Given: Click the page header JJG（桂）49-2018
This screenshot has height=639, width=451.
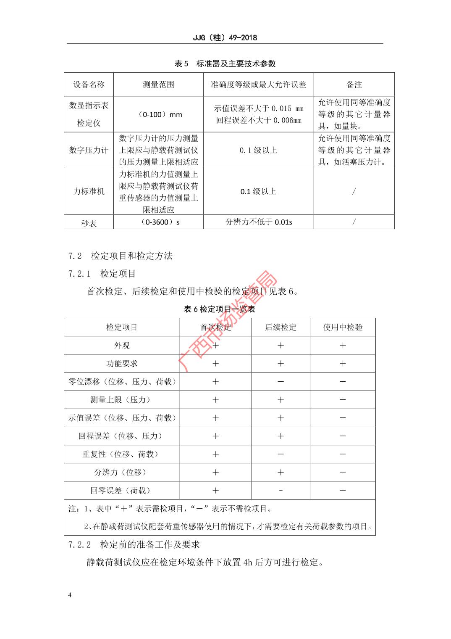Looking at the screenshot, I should point(225,37).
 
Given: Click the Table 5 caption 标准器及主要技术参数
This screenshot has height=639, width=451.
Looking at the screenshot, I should point(225,63).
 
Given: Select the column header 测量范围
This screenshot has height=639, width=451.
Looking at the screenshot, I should point(158,84).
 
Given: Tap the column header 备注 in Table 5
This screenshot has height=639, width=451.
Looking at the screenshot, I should point(354,84).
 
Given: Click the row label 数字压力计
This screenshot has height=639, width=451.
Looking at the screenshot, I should point(89,150).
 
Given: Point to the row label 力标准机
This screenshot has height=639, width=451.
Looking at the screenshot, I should point(89,191).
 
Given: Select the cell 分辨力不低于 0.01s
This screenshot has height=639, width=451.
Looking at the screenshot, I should point(259,222).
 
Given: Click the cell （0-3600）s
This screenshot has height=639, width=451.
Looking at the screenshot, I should point(158,222).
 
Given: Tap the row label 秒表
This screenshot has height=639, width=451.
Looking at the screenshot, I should point(89,223).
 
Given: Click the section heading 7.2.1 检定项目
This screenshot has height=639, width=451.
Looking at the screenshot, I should point(102,274).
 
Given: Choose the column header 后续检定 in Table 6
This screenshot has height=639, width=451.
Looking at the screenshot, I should point(281,327).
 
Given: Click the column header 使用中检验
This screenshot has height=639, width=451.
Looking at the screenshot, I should point(343,327).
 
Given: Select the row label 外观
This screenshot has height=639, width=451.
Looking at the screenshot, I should point(122,345).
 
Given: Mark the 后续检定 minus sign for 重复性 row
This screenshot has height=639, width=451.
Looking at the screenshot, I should point(281,454).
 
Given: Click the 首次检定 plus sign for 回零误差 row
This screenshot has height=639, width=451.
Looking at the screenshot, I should point(215,490).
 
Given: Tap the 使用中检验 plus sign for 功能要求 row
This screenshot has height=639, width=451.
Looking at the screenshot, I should point(343,363).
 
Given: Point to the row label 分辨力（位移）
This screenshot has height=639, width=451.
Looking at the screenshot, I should point(122,472).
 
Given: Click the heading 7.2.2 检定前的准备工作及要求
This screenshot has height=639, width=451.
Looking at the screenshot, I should point(134,544).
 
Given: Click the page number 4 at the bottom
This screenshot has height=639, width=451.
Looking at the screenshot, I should point(70,595).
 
